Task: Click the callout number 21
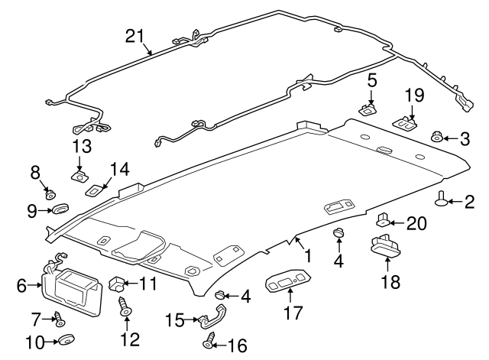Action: click(134, 35)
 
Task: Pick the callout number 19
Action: click(413, 96)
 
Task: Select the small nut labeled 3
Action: click(437, 138)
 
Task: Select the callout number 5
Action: click(372, 79)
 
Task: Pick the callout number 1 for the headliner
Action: click(306, 255)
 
